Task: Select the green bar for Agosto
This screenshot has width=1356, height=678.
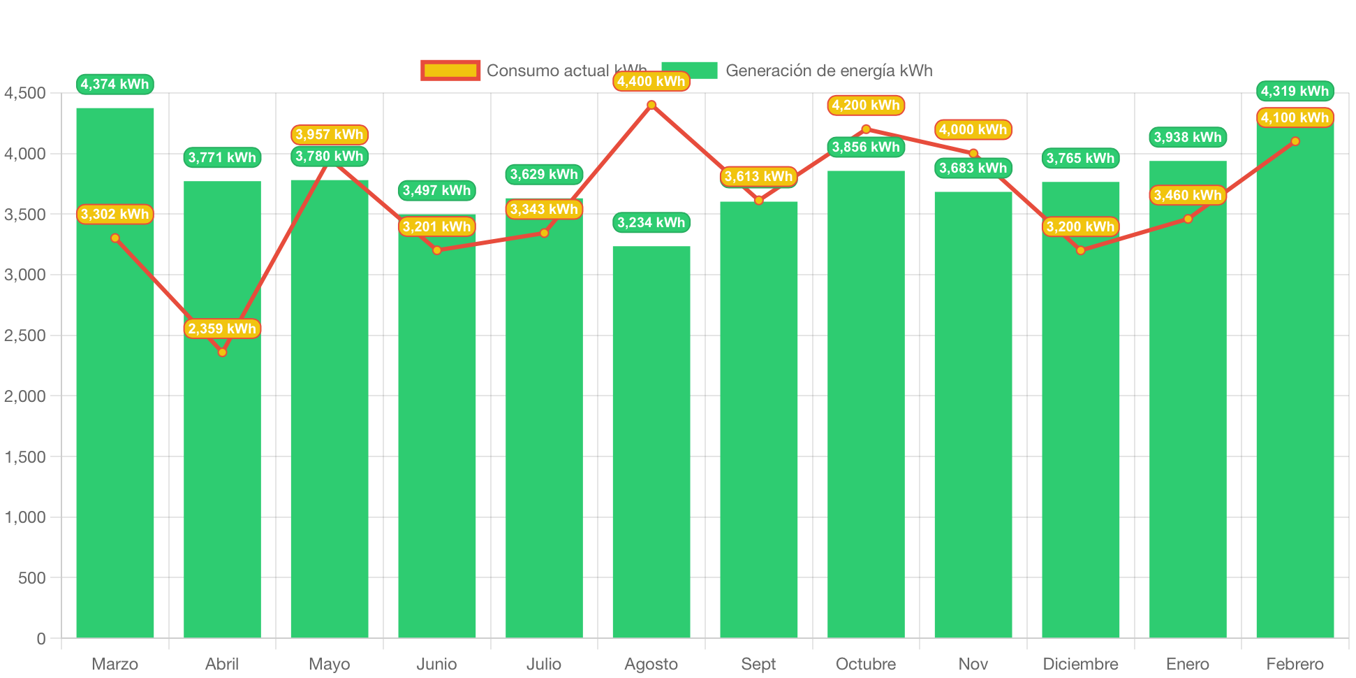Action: (x=651, y=440)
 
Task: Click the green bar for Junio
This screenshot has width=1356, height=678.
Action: (x=436, y=433)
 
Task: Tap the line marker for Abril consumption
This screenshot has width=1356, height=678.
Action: (x=222, y=352)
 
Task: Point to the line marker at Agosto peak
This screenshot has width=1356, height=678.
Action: (x=651, y=105)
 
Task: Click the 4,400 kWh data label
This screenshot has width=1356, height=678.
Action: (x=651, y=82)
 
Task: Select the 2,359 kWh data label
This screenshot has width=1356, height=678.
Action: (x=222, y=329)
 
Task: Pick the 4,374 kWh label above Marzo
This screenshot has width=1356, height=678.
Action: (x=115, y=85)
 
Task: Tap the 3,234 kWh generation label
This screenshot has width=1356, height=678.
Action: (x=651, y=223)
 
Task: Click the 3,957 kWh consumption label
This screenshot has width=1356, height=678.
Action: (x=329, y=134)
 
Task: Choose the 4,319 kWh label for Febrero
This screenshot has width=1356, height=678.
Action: (x=1295, y=92)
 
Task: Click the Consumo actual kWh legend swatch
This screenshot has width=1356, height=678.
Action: (x=450, y=71)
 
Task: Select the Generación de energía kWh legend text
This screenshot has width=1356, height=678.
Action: (x=828, y=71)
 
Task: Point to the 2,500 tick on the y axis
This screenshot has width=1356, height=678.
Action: (x=25, y=336)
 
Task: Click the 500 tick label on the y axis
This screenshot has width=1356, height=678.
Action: (x=32, y=578)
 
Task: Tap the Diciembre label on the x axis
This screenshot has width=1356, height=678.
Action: (x=1080, y=663)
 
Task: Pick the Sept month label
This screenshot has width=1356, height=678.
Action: (x=758, y=663)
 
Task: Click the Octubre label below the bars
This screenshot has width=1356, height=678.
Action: (x=866, y=663)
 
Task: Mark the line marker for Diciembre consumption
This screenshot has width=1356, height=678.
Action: (x=1080, y=250)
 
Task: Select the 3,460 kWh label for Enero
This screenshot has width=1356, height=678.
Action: (x=1187, y=196)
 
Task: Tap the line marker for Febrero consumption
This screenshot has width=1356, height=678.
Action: (x=1295, y=141)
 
